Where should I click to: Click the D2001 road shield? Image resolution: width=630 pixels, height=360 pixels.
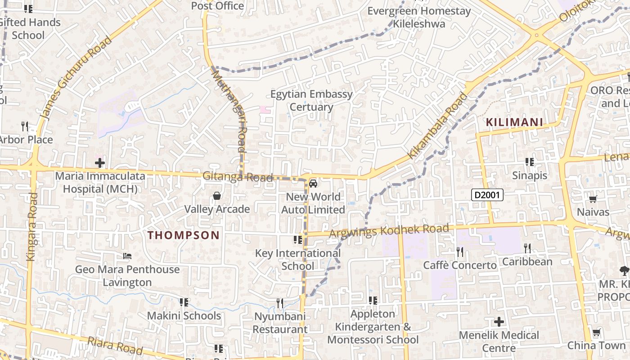[x=487, y=195]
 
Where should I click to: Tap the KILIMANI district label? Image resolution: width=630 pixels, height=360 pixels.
[x=514, y=122]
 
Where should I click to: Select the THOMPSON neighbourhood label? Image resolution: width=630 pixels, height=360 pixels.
[x=184, y=235]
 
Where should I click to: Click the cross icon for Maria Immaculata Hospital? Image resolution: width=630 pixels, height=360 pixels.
[x=100, y=162]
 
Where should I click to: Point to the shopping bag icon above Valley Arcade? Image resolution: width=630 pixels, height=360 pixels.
[x=217, y=196]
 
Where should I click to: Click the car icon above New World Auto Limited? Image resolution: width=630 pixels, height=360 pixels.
[x=313, y=184]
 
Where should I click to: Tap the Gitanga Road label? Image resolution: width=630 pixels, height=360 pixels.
[x=238, y=177]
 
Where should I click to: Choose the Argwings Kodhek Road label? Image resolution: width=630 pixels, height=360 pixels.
[x=389, y=231]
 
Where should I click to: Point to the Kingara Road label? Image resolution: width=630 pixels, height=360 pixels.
[x=31, y=227]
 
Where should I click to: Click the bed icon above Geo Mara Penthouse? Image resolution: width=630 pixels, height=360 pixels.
[x=127, y=256]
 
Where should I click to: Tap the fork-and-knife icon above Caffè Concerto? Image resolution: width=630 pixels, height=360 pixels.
[x=459, y=251]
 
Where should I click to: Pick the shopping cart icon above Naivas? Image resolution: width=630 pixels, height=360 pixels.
[x=593, y=198]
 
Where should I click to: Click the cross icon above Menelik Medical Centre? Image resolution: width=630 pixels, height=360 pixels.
[x=499, y=322]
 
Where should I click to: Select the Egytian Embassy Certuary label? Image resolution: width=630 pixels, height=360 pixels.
[x=311, y=100]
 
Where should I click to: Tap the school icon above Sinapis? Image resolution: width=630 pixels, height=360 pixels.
[x=530, y=162]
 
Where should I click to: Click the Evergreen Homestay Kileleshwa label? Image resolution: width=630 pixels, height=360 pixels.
[x=419, y=17]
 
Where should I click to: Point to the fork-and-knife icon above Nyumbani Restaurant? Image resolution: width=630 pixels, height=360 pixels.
[x=280, y=303]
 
